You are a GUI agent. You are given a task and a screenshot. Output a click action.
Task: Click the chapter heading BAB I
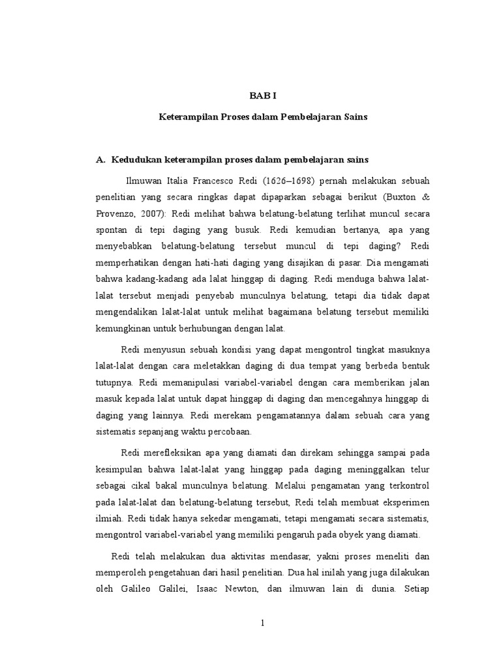point(263,95)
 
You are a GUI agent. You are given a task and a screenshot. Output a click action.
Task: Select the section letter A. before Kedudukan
point(100,159)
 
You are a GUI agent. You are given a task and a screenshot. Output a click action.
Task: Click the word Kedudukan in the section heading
point(136,159)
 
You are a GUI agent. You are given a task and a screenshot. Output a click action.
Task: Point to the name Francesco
point(221,179)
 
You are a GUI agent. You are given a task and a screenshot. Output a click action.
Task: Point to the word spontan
point(114,230)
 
